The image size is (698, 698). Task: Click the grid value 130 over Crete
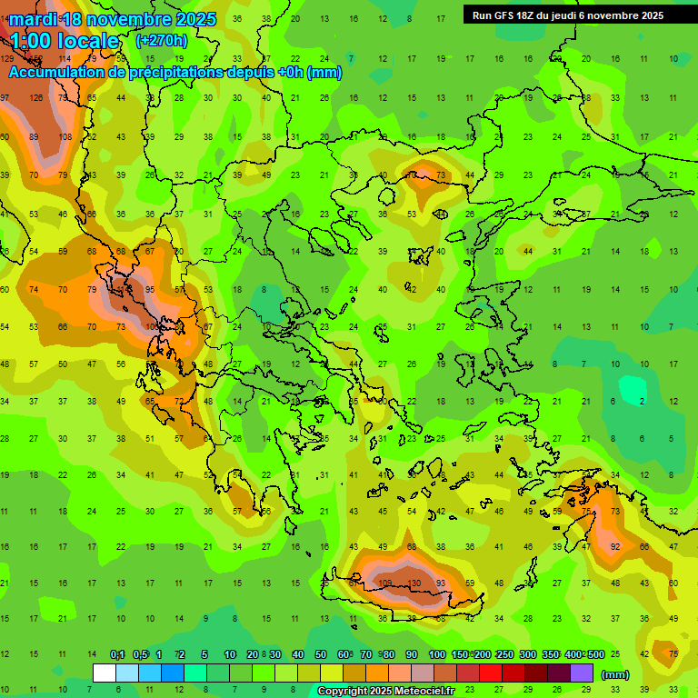414,583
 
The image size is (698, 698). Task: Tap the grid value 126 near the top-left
36,98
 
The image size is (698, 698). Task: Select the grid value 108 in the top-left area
65,137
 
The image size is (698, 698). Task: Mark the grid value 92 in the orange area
615,546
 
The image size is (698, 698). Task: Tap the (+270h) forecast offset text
161,40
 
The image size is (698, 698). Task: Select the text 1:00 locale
65,41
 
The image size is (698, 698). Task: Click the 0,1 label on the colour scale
117,654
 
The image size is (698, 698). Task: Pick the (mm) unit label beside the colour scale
615,674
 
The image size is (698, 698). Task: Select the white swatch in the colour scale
105,673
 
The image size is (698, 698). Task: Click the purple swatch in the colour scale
582,673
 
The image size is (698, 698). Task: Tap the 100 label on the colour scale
437,654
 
